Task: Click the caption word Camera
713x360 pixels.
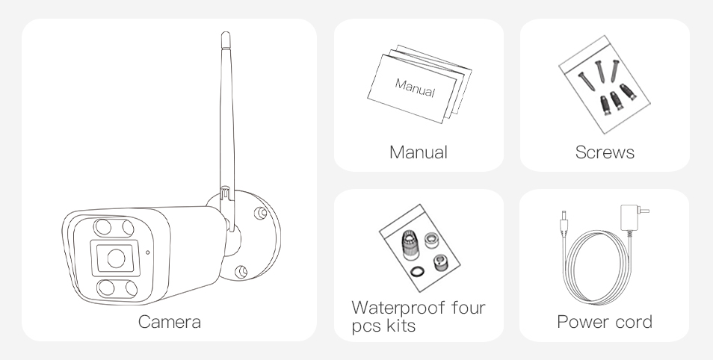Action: click(x=169, y=322)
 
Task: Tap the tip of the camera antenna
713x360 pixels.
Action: click(x=226, y=32)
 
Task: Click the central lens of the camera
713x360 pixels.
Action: click(x=116, y=258)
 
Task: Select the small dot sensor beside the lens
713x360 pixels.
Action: click(x=147, y=252)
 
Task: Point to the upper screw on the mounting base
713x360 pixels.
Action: click(x=260, y=213)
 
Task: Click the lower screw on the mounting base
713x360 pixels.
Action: click(x=241, y=272)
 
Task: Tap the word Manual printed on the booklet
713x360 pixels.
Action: click(x=415, y=87)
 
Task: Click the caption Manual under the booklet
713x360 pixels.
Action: click(x=419, y=152)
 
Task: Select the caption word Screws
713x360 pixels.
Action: click(x=605, y=152)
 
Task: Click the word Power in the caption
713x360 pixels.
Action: click(x=582, y=322)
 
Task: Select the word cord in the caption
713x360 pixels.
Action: click(x=634, y=322)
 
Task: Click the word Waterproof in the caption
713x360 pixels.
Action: click(x=398, y=308)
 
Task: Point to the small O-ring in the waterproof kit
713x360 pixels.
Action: click(x=417, y=272)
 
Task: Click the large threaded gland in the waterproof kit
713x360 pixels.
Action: click(x=410, y=244)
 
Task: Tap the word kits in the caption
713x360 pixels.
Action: click(x=401, y=326)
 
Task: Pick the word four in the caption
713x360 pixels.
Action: click(x=469, y=308)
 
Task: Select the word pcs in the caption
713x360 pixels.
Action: click(x=366, y=326)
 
